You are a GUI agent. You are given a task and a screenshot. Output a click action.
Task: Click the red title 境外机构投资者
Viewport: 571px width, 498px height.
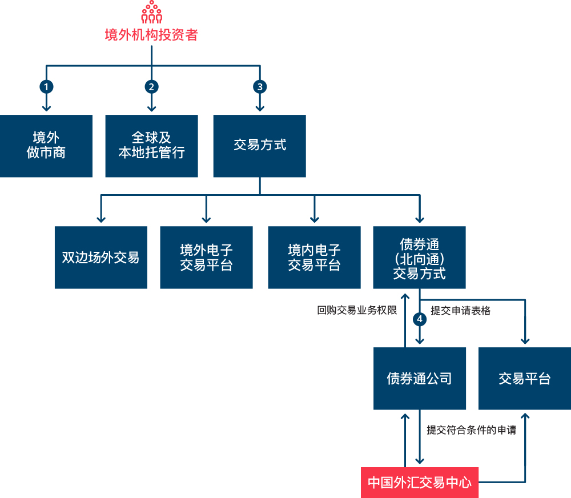(x=151, y=35)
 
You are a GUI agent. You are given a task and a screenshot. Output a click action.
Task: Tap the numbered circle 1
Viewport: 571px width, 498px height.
(x=46, y=87)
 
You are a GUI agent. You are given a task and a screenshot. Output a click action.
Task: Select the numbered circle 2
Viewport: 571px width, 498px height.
(x=151, y=87)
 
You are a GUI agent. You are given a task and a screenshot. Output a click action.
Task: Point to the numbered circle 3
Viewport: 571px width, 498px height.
(x=260, y=87)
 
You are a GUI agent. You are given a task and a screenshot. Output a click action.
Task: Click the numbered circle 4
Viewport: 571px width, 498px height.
(x=420, y=319)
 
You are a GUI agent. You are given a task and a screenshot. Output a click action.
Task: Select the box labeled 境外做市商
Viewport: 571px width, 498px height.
(x=46, y=146)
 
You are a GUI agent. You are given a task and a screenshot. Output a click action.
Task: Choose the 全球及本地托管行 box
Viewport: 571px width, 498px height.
(x=151, y=146)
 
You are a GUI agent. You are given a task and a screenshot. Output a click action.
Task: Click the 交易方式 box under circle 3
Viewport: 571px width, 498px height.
(x=260, y=146)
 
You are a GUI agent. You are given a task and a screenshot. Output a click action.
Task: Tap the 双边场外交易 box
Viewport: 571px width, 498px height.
(x=101, y=257)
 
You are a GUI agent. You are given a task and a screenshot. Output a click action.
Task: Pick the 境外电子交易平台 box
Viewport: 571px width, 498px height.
(x=206, y=257)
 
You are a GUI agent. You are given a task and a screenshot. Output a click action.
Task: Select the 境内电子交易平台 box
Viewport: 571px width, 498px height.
(x=314, y=257)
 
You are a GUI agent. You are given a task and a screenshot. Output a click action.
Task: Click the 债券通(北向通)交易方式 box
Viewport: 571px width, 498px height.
(x=420, y=257)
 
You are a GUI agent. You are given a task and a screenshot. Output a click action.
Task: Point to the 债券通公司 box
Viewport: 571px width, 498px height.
(x=420, y=378)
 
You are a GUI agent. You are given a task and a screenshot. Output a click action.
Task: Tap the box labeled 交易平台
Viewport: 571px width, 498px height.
(x=524, y=378)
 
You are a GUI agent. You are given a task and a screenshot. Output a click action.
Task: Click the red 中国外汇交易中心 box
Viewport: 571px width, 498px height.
(x=420, y=482)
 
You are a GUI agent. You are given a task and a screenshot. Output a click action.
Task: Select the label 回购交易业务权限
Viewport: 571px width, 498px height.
(x=357, y=311)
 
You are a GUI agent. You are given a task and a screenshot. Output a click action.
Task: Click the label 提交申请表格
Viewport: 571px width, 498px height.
(x=460, y=311)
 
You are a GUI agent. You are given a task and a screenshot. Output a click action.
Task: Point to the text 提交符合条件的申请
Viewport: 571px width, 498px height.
(x=471, y=430)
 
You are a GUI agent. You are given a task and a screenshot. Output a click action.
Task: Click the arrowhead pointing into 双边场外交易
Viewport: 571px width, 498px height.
(x=101, y=219)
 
